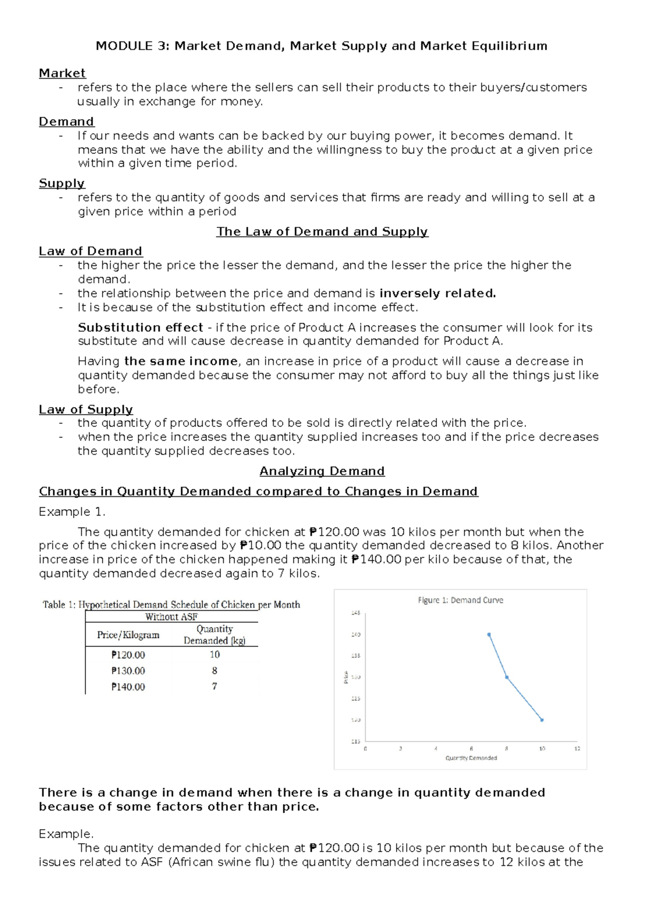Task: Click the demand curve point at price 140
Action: pyautogui.click(x=489, y=635)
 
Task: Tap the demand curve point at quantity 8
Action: pyautogui.click(x=507, y=677)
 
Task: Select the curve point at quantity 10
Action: pyautogui.click(x=542, y=720)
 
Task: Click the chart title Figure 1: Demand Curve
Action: pyautogui.click(x=461, y=600)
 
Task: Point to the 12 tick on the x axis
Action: pyautogui.click(x=577, y=749)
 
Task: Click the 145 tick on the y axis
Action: pyautogui.click(x=356, y=613)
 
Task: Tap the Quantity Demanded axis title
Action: pyautogui.click(x=471, y=758)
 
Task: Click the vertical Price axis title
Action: pyautogui.click(x=346, y=677)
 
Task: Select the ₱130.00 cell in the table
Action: pyautogui.click(x=128, y=671)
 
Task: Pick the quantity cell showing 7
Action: pyautogui.click(x=214, y=687)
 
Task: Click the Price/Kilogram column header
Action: pyautogui.click(x=128, y=635)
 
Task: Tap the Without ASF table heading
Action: pyautogui.click(x=171, y=617)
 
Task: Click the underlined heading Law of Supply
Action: pyautogui.click(x=86, y=410)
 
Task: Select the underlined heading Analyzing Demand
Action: pyautogui.click(x=322, y=472)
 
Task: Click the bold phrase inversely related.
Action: pyautogui.click(x=438, y=294)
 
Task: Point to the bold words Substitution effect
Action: pyautogui.click(x=140, y=327)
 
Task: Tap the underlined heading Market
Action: pyautogui.click(x=62, y=73)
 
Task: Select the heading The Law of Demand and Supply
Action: pyautogui.click(x=322, y=232)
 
